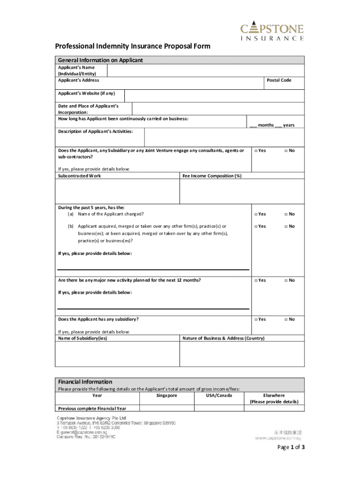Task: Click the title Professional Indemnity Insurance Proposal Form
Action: point(133,46)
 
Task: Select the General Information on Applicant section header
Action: point(100,60)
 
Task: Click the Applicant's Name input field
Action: point(206,71)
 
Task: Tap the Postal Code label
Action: point(279,80)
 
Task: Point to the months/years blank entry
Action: point(272,125)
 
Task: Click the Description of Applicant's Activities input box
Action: point(224,138)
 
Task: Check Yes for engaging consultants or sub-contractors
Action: point(256,151)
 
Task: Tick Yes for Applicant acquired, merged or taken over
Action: point(256,226)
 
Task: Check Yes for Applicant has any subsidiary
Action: point(256,319)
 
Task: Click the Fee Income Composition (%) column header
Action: point(212,176)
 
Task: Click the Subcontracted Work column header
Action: point(79,176)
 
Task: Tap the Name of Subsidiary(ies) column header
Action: point(82,338)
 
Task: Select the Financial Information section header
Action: point(85,382)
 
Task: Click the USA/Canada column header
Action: point(218,396)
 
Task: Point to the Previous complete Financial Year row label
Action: point(92,408)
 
